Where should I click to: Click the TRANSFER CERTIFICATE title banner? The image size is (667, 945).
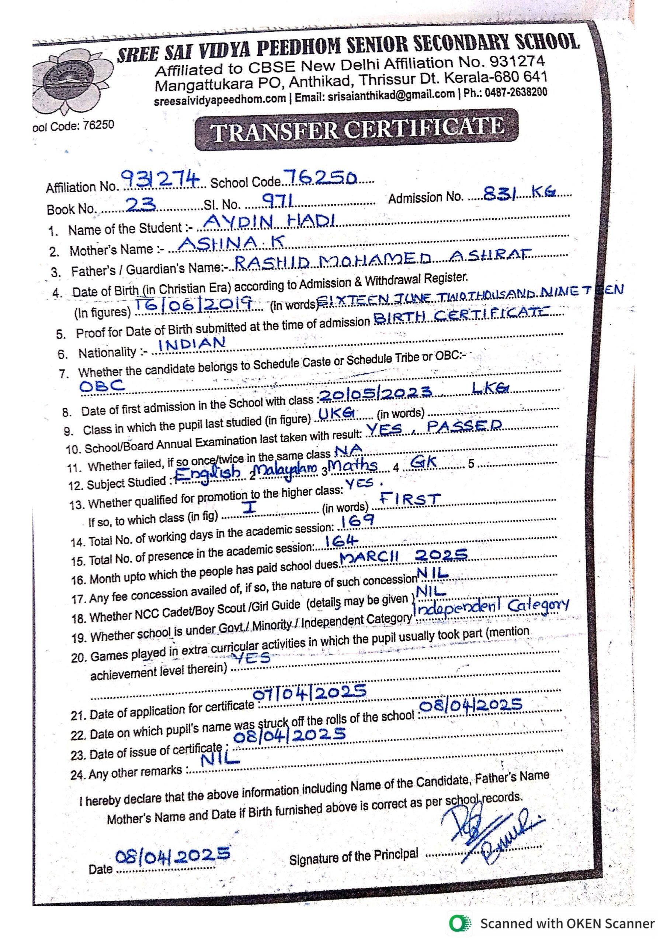[x=357, y=130]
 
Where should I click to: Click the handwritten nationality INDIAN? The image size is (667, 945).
[x=192, y=344]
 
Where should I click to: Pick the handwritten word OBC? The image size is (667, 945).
[x=102, y=386]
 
